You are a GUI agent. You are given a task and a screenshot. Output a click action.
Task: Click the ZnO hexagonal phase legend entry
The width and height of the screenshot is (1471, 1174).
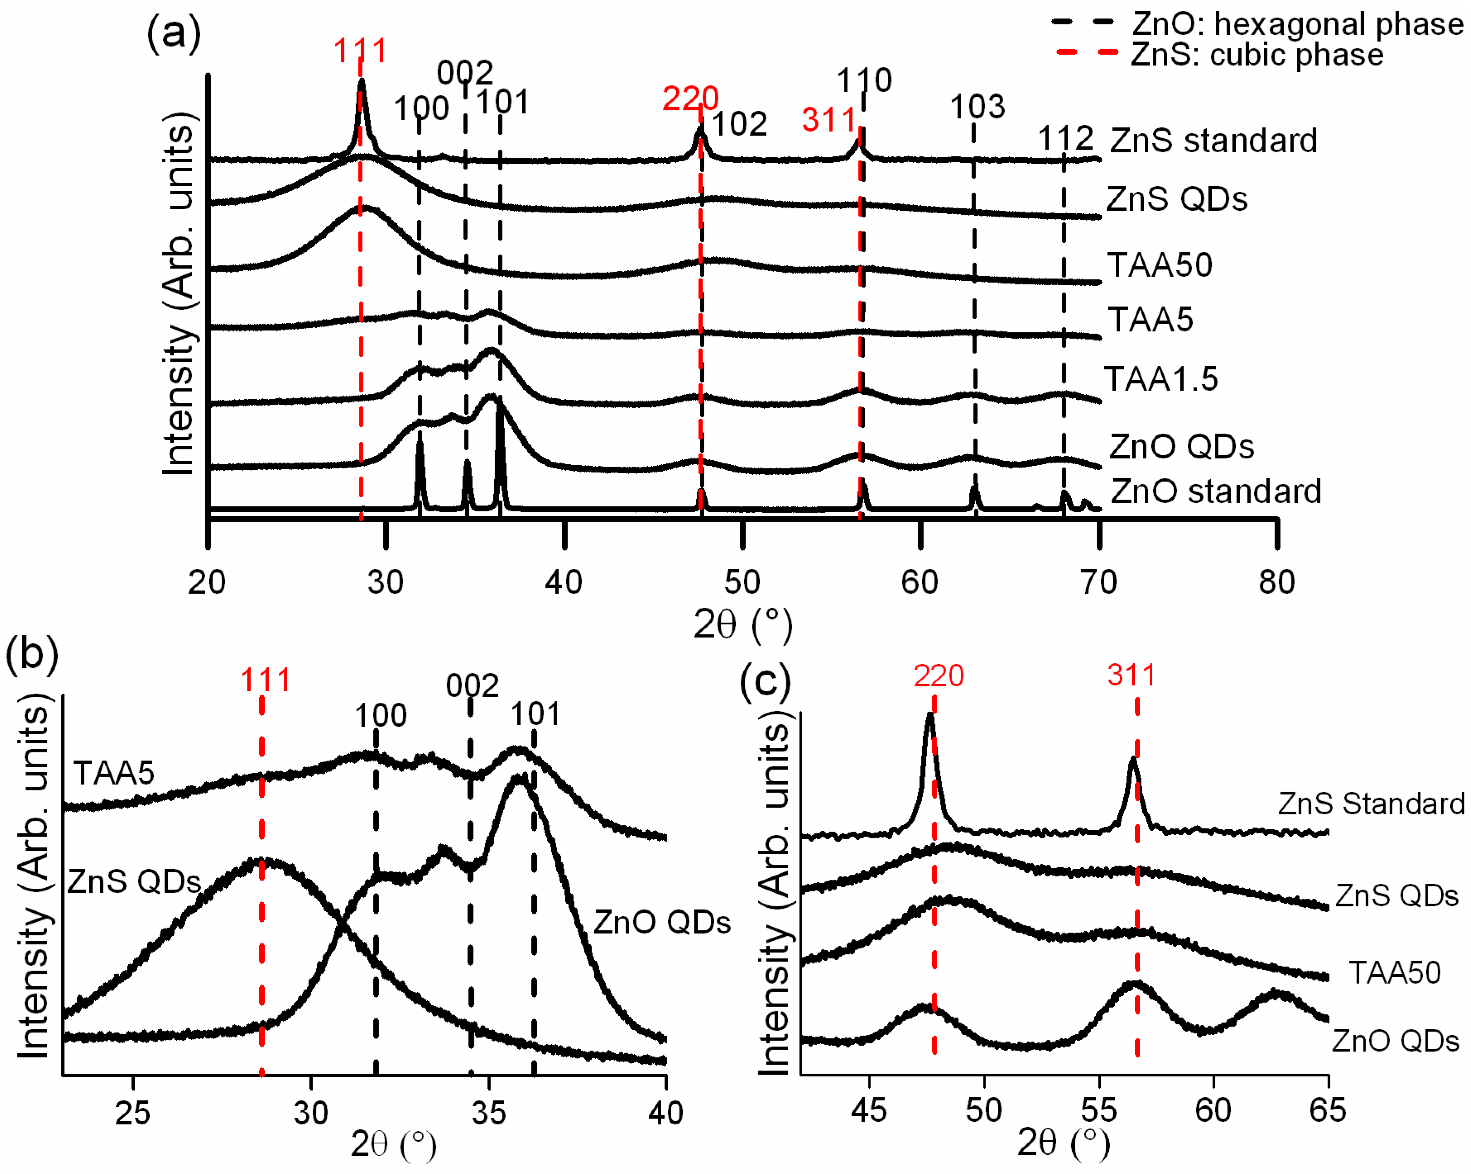pyautogui.click(x=1256, y=24)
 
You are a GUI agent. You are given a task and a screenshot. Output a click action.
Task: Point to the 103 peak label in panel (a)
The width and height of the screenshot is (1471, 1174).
pyautogui.click(x=978, y=107)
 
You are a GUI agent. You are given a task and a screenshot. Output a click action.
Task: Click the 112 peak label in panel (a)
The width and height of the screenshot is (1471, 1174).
pyautogui.click(x=1065, y=139)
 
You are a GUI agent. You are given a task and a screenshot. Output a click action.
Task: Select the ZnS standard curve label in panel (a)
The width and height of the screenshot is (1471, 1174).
pyautogui.click(x=1213, y=141)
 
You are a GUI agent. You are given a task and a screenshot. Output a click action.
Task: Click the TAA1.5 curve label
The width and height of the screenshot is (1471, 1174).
pyautogui.click(x=1160, y=379)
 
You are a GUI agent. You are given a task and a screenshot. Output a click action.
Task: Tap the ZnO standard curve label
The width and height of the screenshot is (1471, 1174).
pyautogui.click(x=1216, y=491)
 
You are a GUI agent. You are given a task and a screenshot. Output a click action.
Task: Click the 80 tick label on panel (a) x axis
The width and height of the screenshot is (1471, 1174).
pyautogui.click(x=1277, y=582)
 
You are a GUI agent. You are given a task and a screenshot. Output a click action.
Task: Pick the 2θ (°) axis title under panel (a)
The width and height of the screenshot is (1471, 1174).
pyautogui.click(x=742, y=624)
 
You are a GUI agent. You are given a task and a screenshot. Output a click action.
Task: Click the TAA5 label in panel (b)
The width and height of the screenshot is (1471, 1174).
pyautogui.click(x=114, y=773)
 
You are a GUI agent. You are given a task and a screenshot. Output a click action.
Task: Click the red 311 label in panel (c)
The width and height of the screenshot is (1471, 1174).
pyautogui.click(x=1131, y=675)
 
